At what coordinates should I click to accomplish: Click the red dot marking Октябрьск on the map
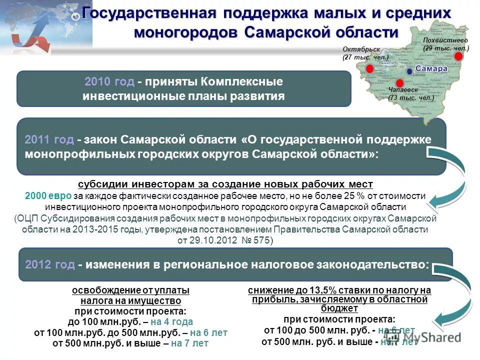[x=369, y=69]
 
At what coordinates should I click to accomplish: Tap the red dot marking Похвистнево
[x=458, y=56]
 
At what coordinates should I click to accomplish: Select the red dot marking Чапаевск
[x=399, y=83]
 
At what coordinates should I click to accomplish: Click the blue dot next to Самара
[x=409, y=71]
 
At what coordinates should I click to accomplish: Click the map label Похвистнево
[x=444, y=40]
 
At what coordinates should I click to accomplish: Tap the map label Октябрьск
[x=361, y=49]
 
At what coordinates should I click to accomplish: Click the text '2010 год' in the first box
[x=109, y=81]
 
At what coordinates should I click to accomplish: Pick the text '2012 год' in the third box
[x=50, y=264]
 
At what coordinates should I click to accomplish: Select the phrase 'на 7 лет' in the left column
[x=189, y=343]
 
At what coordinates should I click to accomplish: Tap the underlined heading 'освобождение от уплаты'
[x=131, y=290]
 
